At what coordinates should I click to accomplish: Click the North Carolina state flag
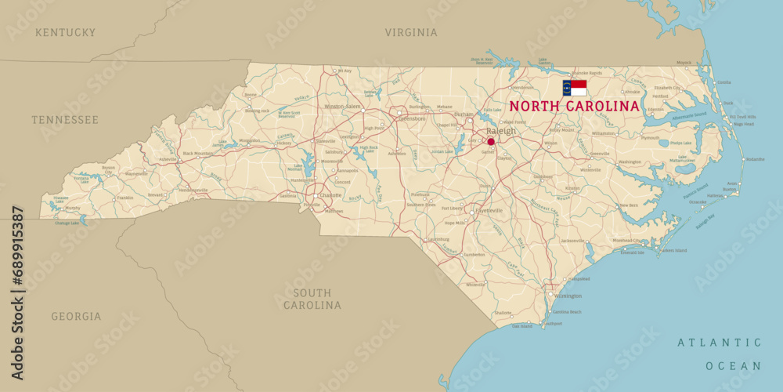point(575,87)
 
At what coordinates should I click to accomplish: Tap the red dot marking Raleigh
point(491,142)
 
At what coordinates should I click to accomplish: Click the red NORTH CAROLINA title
point(574,106)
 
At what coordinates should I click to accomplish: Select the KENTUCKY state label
point(66,33)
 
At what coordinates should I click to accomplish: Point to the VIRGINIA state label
point(410,33)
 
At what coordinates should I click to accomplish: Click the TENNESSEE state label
point(65,120)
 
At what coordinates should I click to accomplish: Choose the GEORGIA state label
point(76,317)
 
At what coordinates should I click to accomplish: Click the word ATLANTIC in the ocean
point(720,343)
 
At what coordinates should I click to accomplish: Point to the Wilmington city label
point(568,296)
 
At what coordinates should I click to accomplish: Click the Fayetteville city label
point(489,211)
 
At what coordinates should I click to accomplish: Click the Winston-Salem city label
point(342,106)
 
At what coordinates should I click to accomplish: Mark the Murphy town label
point(73,209)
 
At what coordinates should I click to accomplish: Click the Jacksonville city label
point(572,241)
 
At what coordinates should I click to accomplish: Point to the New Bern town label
point(629,205)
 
